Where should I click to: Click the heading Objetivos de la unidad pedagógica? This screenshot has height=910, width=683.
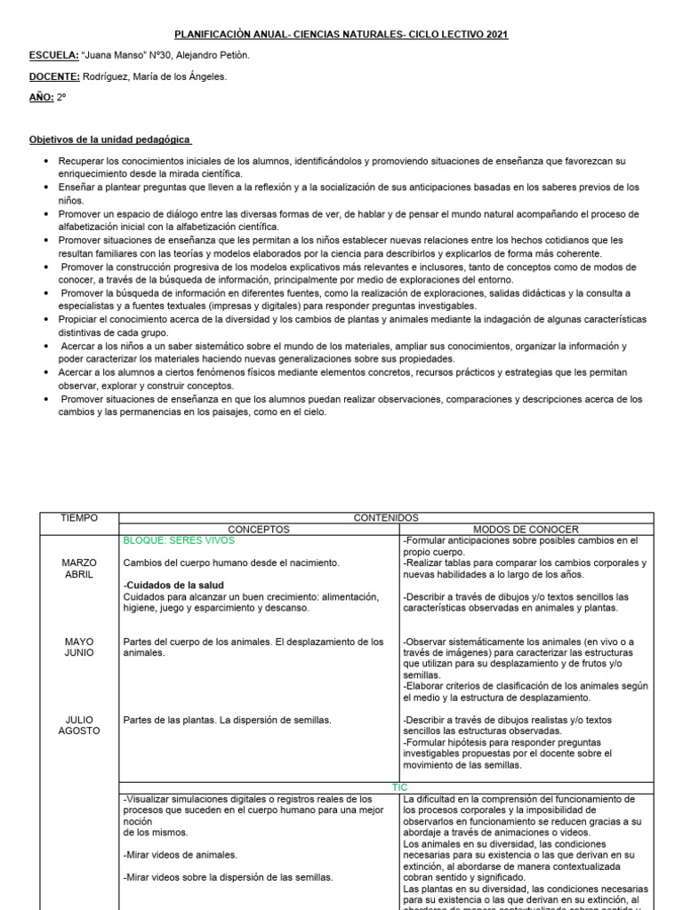pyautogui.click(x=110, y=140)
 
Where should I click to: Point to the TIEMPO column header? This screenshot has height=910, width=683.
pyautogui.click(x=79, y=517)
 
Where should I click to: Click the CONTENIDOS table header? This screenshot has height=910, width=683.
pyautogui.click(x=386, y=517)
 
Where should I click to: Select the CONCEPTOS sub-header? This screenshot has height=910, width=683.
pyautogui.click(x=259, y=529)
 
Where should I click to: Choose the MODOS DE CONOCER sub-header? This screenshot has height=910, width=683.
pyautogui.click(x=526, y=529)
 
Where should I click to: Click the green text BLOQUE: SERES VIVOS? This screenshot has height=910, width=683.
pyautogui.click(x=178, y=540)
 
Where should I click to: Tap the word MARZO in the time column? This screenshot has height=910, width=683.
pyautogui.click(x=79, y=563)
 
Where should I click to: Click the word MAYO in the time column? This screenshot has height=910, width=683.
pyautogui.click(x=79, y=641)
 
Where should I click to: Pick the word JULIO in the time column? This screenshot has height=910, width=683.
pyautogui.click(x=79, y=720)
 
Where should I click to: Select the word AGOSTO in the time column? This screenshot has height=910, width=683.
pyautogui.click(x=79, y=731)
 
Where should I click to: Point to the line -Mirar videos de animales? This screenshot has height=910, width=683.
pyautogui.click(x=180, y=854)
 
